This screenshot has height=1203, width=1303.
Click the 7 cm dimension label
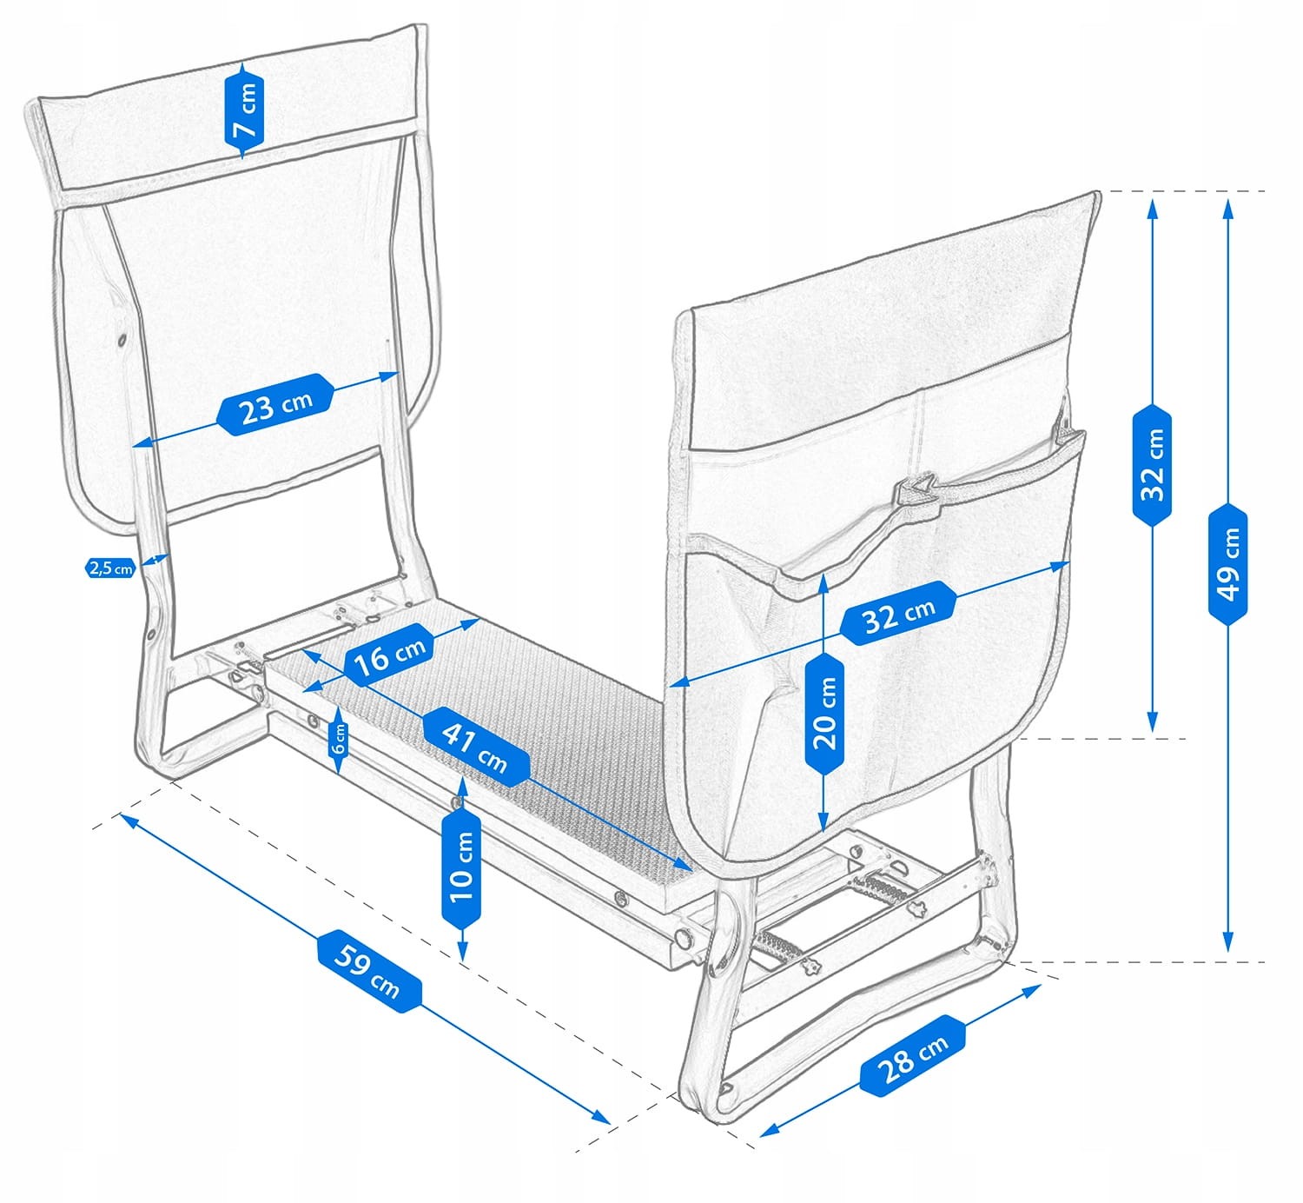tap(244, 110)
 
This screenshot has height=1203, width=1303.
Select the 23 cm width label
tap(275, 405)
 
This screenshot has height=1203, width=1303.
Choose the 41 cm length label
tap(476, 747)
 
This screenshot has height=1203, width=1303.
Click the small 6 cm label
tap(339, 739)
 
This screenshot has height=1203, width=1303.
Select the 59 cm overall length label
tap(368, 971)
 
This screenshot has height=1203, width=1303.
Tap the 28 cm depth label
tap(913, 1055)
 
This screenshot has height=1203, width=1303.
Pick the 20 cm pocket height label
tap(824, 714)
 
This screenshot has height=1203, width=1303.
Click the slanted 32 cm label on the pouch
tap(898, 614)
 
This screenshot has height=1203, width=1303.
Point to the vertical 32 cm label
tap(1152, 465)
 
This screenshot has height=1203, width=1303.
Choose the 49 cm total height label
tap(1228, 564)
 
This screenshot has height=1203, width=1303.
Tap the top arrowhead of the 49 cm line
tap(1228, 209)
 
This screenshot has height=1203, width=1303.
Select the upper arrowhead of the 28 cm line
tap(1032, 990)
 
